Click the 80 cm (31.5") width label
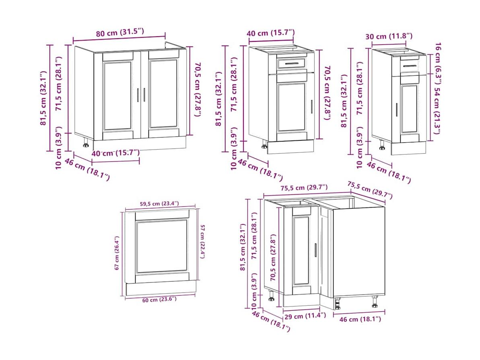120,32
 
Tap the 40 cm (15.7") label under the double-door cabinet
116,153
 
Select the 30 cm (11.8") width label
389,37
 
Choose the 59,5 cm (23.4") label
159,204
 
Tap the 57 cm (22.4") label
202,241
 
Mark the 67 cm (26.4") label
117,253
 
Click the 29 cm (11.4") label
305,316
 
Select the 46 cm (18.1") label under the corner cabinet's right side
360,319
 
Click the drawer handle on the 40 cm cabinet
292,64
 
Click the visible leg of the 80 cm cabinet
86,142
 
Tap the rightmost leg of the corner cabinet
375,302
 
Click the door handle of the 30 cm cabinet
396,109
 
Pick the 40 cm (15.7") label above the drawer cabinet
271,33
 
